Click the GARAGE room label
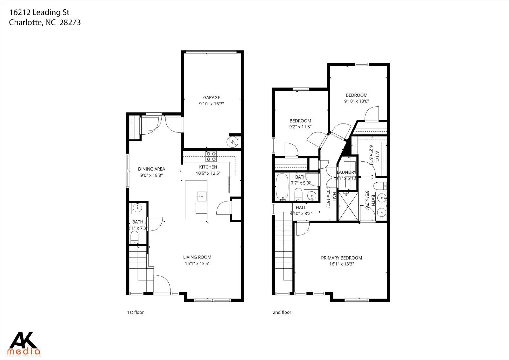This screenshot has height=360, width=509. (x=212, y=98)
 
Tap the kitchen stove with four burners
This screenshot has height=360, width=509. (x=211, y=156)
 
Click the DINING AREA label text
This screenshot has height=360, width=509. (x=151, y=169)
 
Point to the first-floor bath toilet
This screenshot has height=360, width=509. (x=135, y=237)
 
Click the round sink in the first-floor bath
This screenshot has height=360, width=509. (x=137, y=208)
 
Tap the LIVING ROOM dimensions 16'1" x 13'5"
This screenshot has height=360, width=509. (x=197, y=264)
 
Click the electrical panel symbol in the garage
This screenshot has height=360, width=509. (x=233, y=142)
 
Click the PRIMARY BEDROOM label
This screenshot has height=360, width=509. (x=341, y=258)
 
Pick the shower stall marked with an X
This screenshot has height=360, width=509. (x=348, y=206)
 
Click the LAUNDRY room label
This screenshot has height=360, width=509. (x=346, y=172)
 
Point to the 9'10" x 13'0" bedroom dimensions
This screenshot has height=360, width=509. (x=356, y=101)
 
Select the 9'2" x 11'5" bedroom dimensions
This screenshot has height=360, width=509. (x=300, y=127)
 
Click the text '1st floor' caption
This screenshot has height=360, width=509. (x=135, y=312)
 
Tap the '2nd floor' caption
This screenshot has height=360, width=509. (x=282, y=312)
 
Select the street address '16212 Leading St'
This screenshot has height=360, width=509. (x=39, y=12)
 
